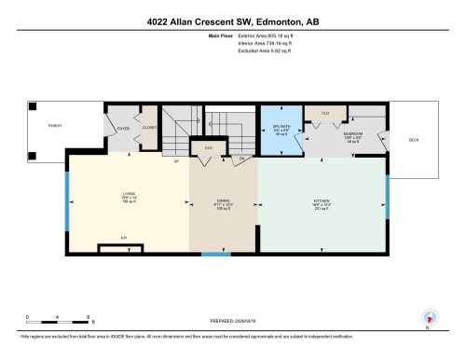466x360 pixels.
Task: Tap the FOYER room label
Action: pyautogui.click(x=123, y=132)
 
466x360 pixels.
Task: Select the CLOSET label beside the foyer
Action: pyautogui.click(x=150, y=132)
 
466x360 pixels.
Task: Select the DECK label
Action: pyautogui.click(x=413, y=140)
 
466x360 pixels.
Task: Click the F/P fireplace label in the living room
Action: pyautogui.click(x=124, y=239)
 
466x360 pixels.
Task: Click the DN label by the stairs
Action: pyautogui.click(x=240, y=158)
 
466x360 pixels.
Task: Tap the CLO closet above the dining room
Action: pyautogui.click(x=207, y=147)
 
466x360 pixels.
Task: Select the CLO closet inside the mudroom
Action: pyautogui.click(x=325, y=113)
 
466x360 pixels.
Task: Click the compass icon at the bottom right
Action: pyautogui.click(x=428, y=316)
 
